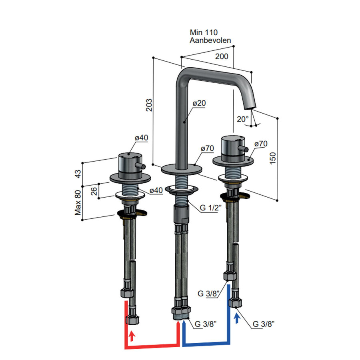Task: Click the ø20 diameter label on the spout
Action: [199, 103]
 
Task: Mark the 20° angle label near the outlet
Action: [242, 119]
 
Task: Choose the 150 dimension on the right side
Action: [272, 158]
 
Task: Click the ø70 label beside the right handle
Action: [260, 144]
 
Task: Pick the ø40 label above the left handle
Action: [141, 138]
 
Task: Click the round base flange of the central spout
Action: [180, 169]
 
